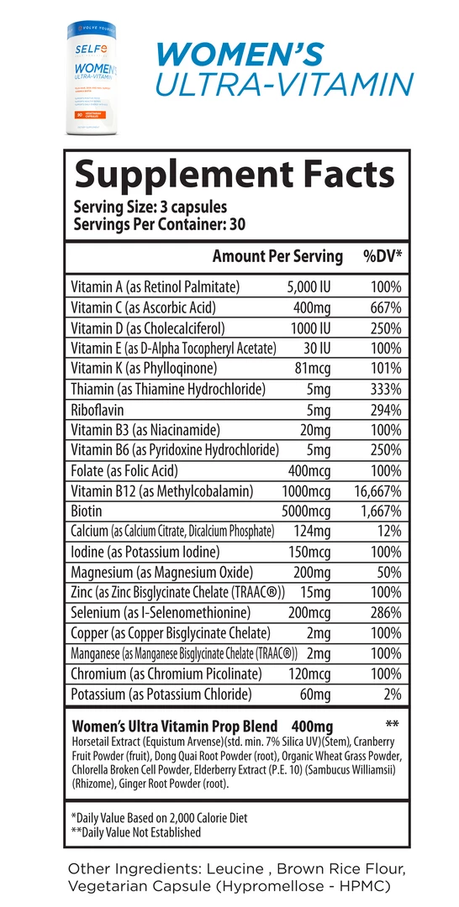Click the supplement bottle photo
[90, 80]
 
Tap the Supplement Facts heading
[234, 174]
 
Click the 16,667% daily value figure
[373, 490]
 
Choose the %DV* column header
[382, 257]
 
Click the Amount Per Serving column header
[277, 257]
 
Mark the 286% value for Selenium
[386, 613]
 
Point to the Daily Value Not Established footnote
[137, 832]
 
